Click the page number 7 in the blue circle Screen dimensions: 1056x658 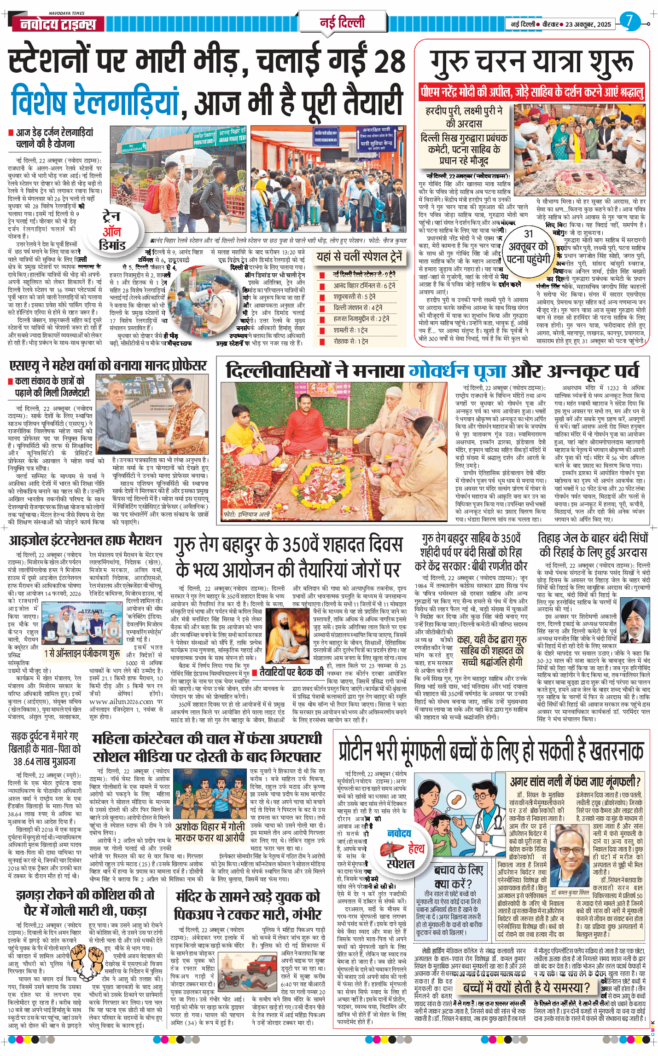pyautogui.click(x=629, y=21)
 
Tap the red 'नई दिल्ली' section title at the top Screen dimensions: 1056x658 pyautogui.click(x=342, y=22)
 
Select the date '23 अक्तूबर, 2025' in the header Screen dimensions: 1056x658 pyautogui.click(x=588, y=24)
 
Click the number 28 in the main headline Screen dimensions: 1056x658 pyautogui.click(x=388, y=61)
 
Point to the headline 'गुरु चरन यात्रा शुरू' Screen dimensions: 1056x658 pyautogui.click(x=531, y=62)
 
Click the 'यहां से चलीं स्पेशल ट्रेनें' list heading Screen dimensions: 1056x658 pyautogui.click(x=359, y=257)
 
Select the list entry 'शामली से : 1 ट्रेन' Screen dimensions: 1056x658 pyautogui.click(x=350, y=330)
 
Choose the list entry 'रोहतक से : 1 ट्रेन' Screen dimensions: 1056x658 pyautogui.click(x=351, y=341)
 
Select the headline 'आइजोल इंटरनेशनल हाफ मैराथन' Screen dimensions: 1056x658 pyautogui.click(x=86, y=541)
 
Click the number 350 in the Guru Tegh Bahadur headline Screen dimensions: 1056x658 pyautogui.click(x=299, y=545)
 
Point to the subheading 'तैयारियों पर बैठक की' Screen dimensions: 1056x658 pyautogui.click(x=292, y=672)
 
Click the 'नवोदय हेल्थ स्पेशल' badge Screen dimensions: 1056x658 pyautogui.click(x=400, y=848)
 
